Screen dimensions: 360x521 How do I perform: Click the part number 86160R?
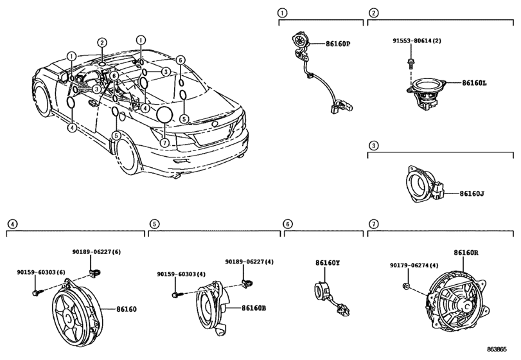point(466,253)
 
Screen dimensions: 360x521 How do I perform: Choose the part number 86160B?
point(254,308)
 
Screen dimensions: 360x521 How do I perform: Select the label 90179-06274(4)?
point(414,265)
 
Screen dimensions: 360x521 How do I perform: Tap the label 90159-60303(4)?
point(182,274)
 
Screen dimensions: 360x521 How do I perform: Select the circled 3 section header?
point(372,145)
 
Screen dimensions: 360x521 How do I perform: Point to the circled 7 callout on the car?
point(165,143)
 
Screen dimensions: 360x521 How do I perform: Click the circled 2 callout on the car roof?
point(102,43)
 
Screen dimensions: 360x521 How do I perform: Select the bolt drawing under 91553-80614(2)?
point(409,63)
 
